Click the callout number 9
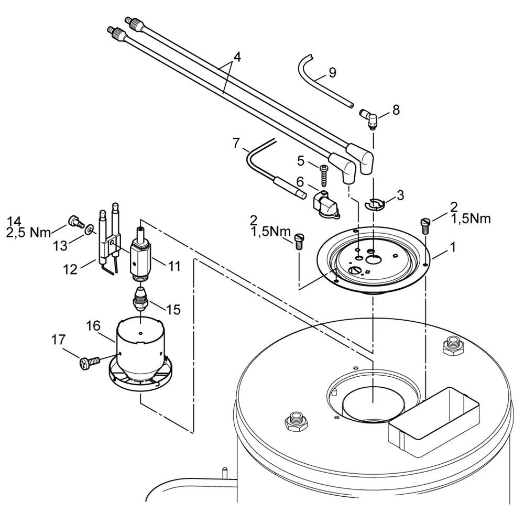[x=332, y=72]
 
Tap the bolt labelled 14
[x=74, y=223]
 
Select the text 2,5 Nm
[x=30, y=232]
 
